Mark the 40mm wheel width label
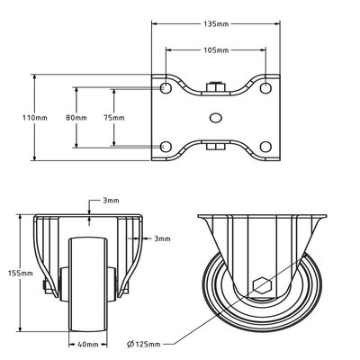87,344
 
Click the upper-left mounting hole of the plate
166,89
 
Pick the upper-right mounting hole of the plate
265,89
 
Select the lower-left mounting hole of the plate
166,146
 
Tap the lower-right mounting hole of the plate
265,146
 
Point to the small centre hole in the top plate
216,117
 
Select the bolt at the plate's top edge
216,87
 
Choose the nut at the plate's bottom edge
216,147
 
